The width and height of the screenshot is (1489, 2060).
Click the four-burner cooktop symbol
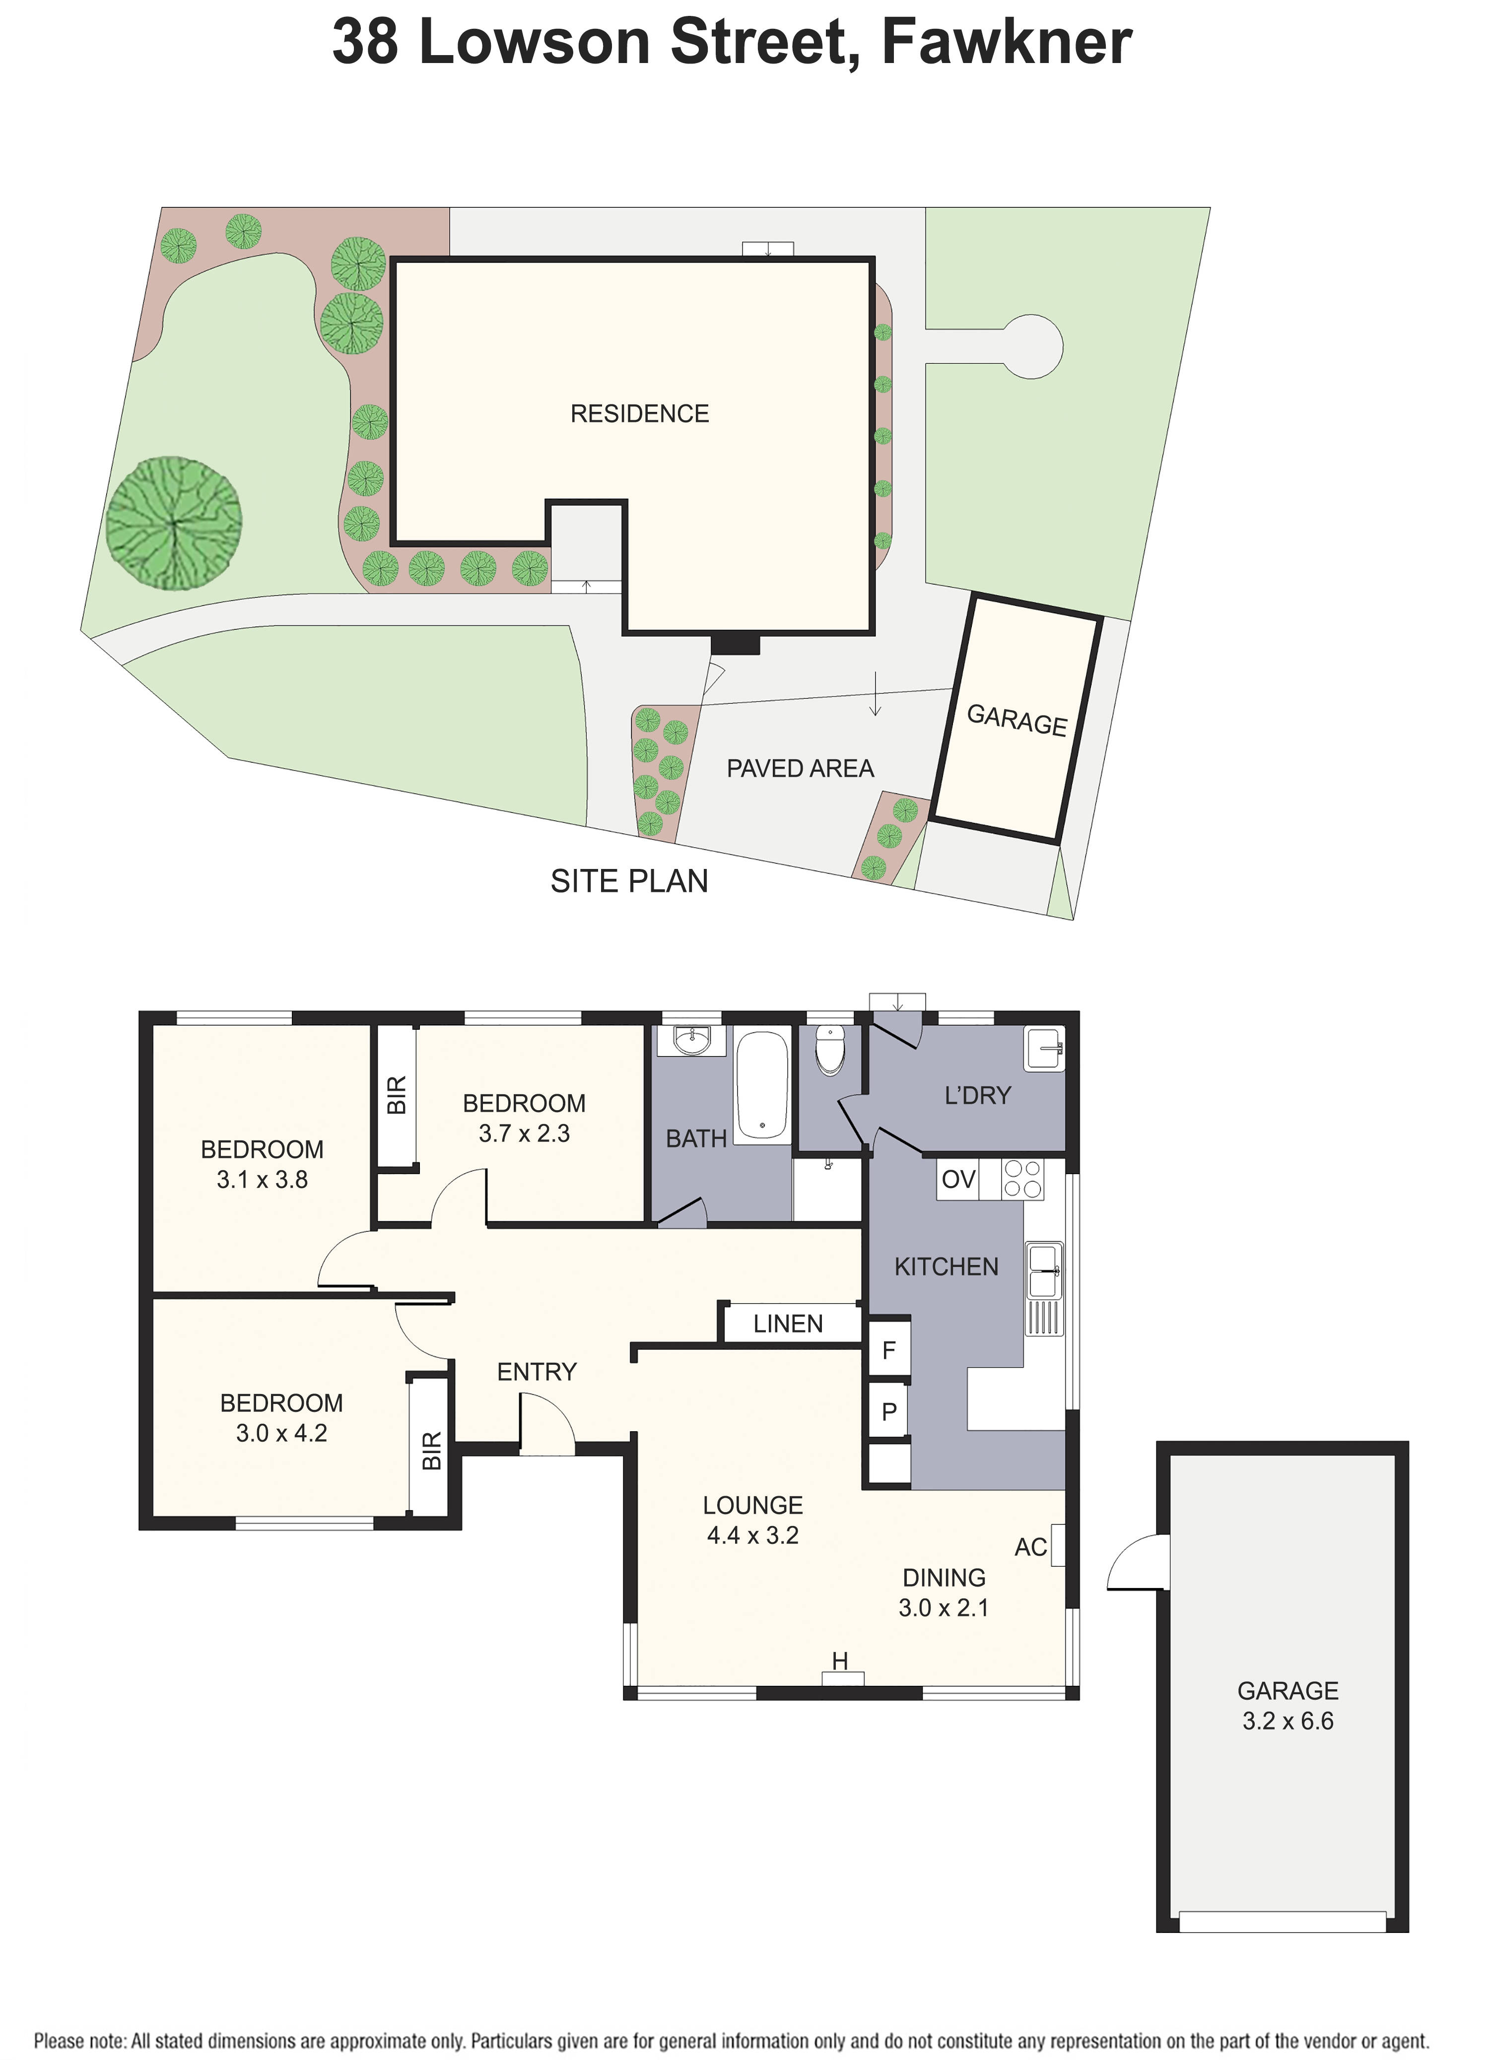pos(1023,1179)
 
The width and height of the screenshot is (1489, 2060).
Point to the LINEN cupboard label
pos(788,1324)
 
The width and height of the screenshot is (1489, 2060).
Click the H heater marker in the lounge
pos(840,1661)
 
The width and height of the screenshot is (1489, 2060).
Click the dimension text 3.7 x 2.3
pos(524,1133)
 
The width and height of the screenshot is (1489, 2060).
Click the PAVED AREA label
pos(800,768)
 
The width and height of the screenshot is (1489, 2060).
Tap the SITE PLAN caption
pos(629,881)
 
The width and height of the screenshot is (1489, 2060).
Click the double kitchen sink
pos(1043,1270)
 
